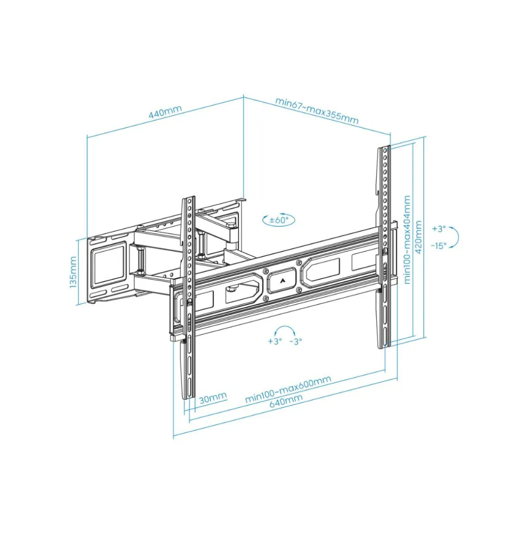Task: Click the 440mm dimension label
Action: click(165, 112)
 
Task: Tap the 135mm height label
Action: click(73, 272)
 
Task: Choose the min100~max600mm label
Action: click(288, 389)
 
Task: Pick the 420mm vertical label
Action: click(418, 237)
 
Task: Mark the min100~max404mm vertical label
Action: click(407, 240)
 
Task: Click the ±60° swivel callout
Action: click(279, 220)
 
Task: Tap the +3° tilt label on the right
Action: click(439, 229)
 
